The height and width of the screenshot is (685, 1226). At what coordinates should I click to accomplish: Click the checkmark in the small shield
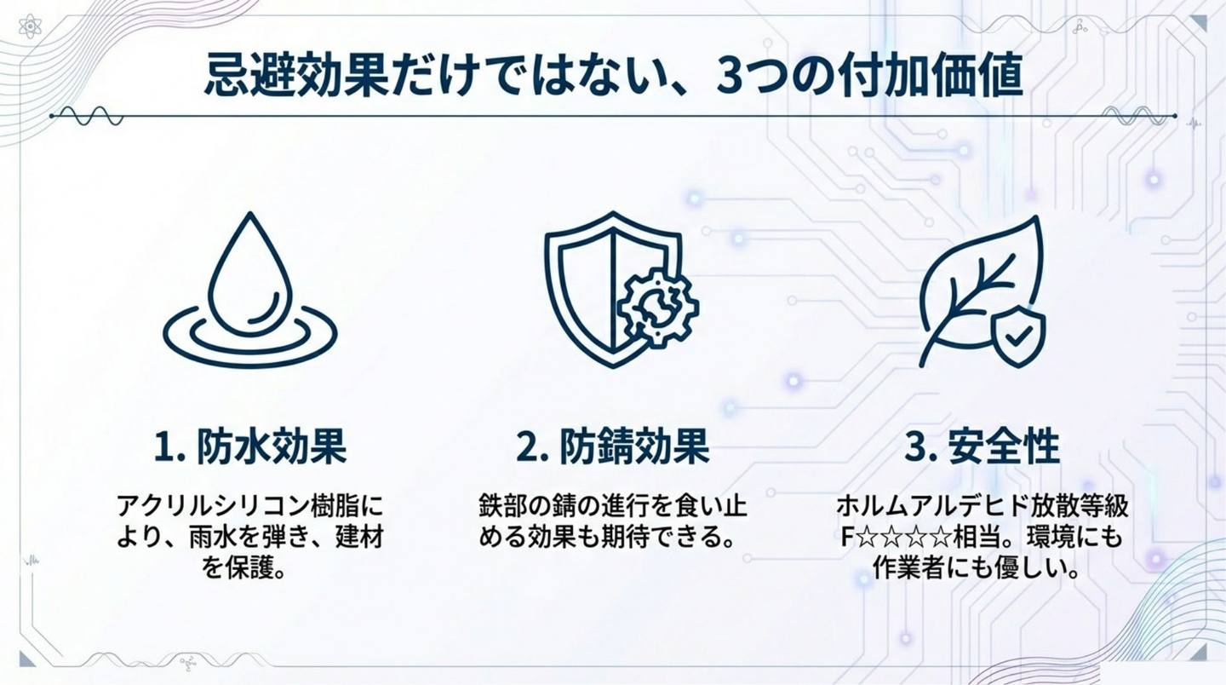[1018, 335]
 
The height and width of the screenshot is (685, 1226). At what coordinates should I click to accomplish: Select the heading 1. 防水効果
[250, 446]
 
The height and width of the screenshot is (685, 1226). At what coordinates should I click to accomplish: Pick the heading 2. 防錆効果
[613, 446]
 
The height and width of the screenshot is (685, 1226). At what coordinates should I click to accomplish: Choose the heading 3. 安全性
[982, 446]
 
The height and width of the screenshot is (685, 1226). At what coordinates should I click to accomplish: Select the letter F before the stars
[846, 537]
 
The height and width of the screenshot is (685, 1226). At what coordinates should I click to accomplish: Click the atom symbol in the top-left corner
[30, 26]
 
